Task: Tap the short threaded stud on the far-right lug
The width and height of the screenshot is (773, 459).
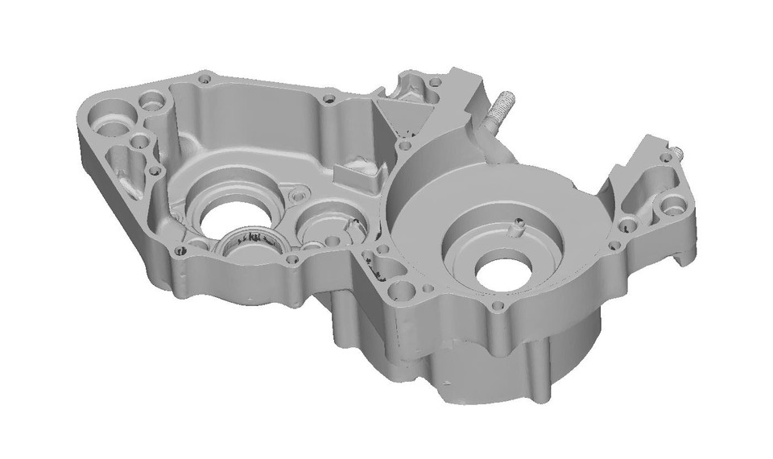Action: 677,151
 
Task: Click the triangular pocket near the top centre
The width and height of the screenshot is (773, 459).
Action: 399,114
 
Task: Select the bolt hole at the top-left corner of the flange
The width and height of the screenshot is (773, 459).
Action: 203,80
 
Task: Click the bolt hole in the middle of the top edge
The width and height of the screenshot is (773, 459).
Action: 327,100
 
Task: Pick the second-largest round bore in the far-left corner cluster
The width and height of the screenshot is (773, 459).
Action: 151,104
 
